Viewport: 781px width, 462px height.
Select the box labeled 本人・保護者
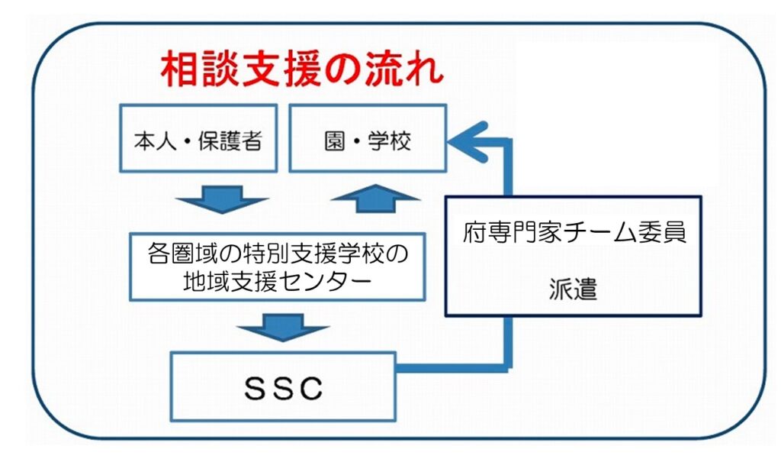click(x=198, y=138)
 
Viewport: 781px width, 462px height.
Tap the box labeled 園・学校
click(x=368, y=138)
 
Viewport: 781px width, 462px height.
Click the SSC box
click(x=283, y=386)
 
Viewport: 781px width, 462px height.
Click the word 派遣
click(x=574, y=289)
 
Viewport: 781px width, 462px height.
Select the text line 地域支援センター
click(x=278, y=281)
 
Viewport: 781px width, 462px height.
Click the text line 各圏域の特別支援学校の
click(x=278, y=253)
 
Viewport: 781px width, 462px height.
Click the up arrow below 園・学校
click(x=375, y=199)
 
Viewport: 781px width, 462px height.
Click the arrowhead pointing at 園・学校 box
click(x=468, y=142)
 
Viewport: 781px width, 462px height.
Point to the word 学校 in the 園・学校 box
click(x=390, y=141)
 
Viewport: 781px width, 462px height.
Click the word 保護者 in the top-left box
click(x=230, y=141)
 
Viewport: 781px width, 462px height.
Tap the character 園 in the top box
click(x=335, y=141)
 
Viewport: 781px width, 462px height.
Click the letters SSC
click(x=283, y=388)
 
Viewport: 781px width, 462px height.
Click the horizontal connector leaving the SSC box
click(x=453, y=368)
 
